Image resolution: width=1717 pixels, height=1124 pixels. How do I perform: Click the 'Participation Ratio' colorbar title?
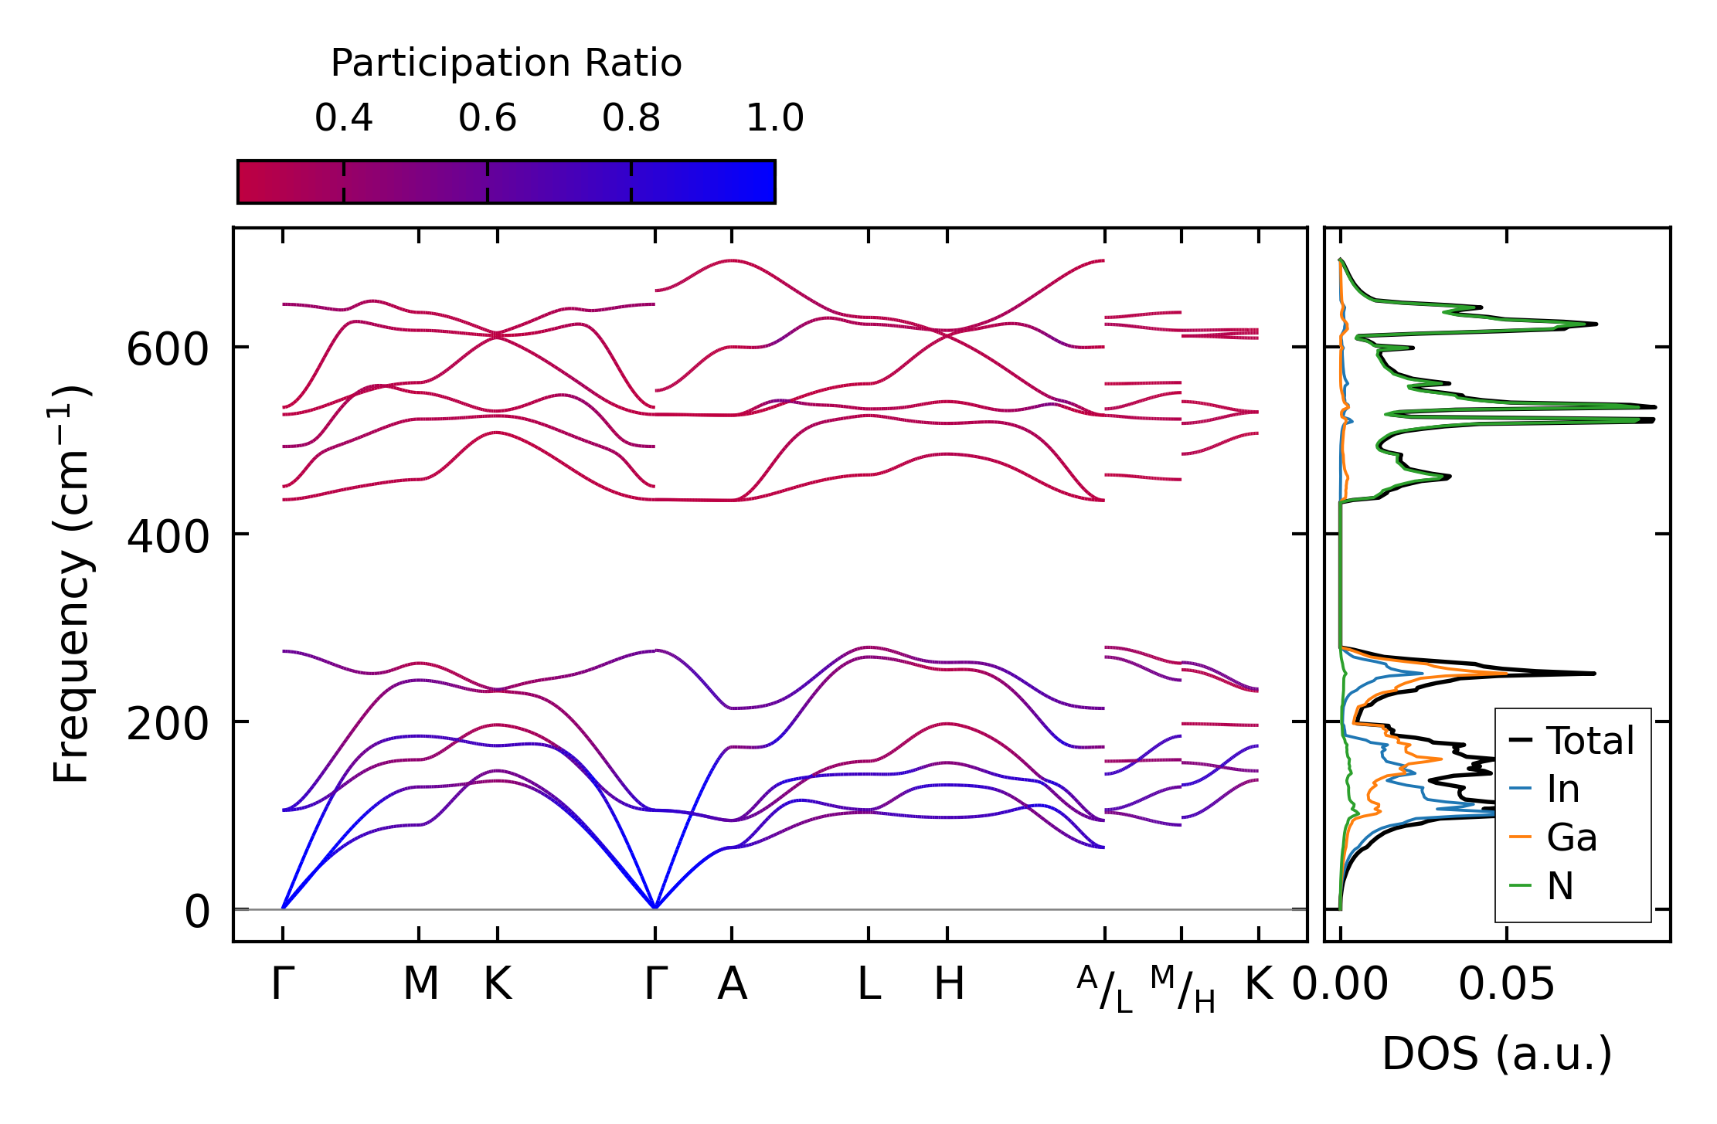[506, 63]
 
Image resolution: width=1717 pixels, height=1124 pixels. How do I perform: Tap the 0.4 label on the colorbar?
[343, 118]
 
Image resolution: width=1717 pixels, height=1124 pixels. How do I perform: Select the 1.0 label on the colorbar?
[774, 118]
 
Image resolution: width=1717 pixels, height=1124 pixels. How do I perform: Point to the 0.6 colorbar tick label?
[487, 118]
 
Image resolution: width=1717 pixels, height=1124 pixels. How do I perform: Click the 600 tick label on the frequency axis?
[167, 350]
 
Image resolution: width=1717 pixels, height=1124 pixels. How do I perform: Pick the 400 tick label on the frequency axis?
[167, 537]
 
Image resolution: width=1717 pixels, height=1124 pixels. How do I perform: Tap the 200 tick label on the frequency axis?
[167, 725]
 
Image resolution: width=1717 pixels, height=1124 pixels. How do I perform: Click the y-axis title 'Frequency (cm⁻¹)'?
[71, 584]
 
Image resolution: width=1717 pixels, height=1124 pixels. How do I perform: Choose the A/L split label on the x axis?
[1105, 990]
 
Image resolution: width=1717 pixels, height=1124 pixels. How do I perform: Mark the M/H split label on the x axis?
[1182, 990]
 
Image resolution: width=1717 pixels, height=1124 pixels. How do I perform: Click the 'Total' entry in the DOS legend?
[1589, 741]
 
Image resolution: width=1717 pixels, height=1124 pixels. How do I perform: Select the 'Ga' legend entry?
[1571, 837]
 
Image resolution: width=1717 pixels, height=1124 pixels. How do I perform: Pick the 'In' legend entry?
[1562, 790]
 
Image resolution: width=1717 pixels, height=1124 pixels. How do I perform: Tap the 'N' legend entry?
[1559, 886]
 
